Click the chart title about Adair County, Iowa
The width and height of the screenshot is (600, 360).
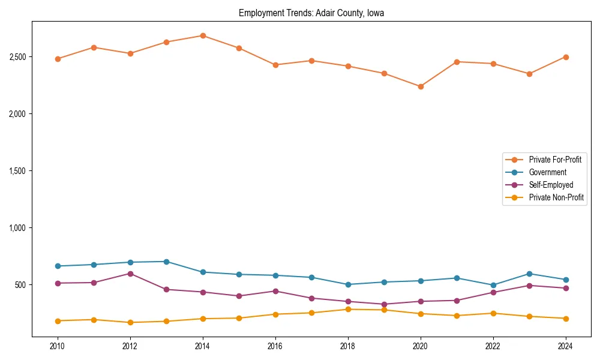[311, 13]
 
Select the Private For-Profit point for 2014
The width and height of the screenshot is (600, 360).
[203, 35]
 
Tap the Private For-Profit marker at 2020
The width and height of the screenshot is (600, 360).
[421, 86]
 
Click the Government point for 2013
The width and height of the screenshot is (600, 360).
[166, 262]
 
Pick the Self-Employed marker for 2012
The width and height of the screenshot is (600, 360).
[130, 274]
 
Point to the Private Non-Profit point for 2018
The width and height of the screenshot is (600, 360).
[348, 310]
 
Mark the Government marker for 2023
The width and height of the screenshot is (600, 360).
[529, 274]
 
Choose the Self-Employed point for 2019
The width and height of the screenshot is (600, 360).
[384, 304]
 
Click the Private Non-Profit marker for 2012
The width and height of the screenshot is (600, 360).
[130, 323]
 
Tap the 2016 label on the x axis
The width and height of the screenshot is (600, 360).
[275, 346]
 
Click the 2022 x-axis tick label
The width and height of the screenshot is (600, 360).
[493, 346]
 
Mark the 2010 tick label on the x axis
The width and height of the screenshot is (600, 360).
[58, 346]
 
